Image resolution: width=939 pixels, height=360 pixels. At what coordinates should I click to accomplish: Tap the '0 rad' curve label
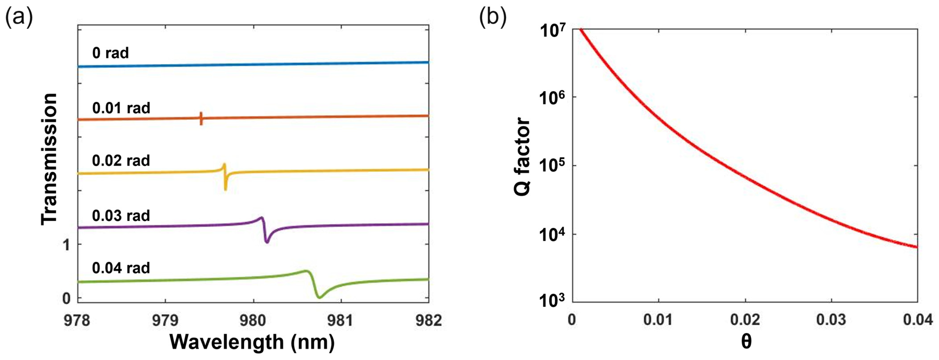click(x=111, y=53)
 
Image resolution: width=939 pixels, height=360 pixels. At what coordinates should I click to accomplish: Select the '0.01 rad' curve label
click(x=121, y=108)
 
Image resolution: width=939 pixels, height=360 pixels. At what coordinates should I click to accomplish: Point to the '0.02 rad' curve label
click(x=121, y=161)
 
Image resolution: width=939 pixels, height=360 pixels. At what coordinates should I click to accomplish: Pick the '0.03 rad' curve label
click(x=121, y=216)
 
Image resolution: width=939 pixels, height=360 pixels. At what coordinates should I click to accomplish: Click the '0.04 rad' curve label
click(x=121, y=268)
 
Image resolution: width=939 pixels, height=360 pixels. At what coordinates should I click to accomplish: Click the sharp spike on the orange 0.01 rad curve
click(x=201, y=119)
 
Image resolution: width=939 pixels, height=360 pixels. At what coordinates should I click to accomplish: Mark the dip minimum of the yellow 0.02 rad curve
click(x=225, y=189)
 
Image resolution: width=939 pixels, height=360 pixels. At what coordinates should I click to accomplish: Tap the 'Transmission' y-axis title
click(x=49, y=159)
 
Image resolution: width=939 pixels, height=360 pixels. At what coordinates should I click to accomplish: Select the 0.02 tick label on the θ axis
click(x=745, y=320)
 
